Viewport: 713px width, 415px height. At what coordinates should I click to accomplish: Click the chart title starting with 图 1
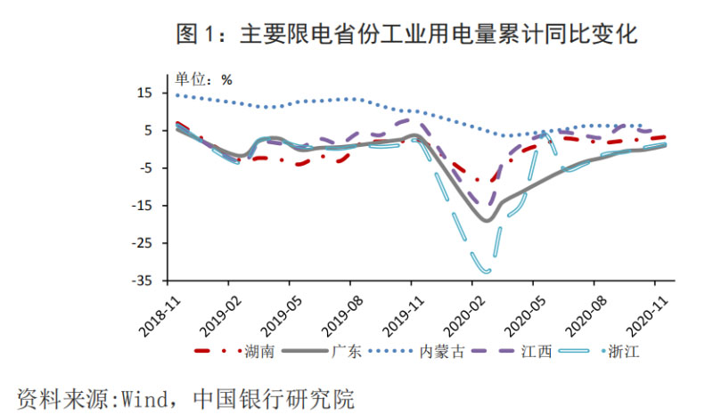pos(406,35)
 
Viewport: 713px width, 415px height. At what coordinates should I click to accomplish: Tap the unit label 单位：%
pos(202,79)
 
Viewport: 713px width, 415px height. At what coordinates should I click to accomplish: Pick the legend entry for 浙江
pos(623,351)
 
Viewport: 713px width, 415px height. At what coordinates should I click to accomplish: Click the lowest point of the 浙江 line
pos(486,270)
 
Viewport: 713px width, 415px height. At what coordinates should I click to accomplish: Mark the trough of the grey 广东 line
pos(487,220)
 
